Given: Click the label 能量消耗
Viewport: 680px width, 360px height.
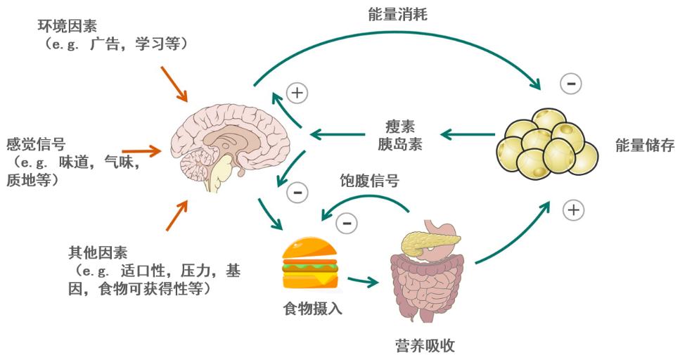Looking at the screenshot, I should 397,14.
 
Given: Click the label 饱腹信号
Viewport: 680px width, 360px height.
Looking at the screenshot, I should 370,181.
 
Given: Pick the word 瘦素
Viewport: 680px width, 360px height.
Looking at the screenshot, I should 399,127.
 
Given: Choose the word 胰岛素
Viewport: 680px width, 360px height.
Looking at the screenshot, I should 399,144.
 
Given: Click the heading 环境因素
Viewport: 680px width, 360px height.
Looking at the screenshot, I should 68,27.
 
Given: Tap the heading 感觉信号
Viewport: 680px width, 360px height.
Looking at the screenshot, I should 35,145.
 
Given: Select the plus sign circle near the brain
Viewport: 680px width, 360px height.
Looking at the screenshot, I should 297,92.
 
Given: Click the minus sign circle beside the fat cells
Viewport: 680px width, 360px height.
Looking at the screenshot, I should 571,84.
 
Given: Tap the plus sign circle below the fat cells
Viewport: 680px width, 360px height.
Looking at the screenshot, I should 573,209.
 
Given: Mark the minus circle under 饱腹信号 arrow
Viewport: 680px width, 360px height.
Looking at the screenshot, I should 346,224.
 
